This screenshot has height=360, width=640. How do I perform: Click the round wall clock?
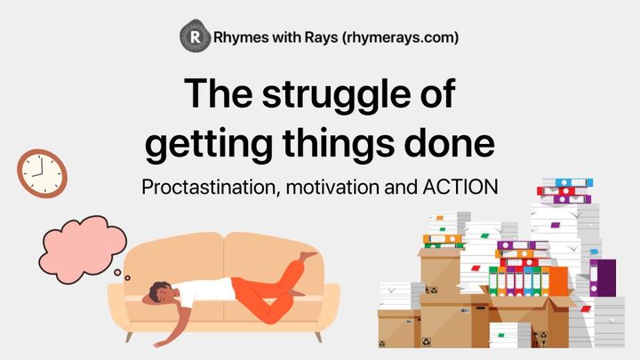click(x=42, y=172)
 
